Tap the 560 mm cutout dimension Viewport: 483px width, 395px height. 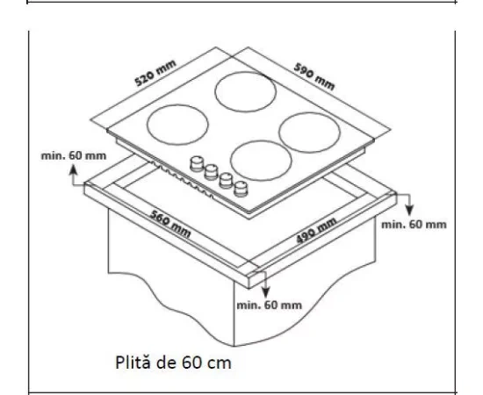(x=169, y=227)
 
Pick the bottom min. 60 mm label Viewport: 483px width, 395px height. (x=269, y=305)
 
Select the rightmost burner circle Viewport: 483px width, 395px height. (x=309, y=131)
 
